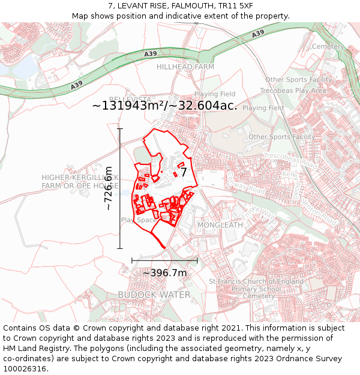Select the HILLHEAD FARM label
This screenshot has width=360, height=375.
[185, 67]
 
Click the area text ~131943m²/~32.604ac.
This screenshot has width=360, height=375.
[164, 106]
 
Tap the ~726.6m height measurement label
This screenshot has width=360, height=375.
[109, 188]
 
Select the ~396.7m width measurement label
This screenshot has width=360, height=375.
[164, 273]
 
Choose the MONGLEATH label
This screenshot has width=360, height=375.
[220, 225]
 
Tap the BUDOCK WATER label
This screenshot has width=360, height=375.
[154, 295]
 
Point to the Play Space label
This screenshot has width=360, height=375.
[139, 220]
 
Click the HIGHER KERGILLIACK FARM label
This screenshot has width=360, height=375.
[80, 178]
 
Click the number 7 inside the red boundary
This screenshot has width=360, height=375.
[184, 173]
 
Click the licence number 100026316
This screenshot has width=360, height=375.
[24, 368]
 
